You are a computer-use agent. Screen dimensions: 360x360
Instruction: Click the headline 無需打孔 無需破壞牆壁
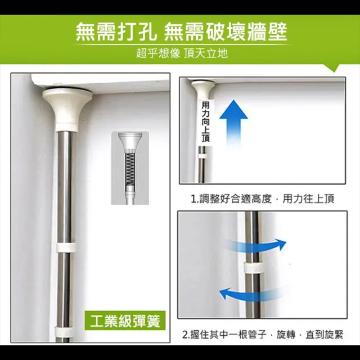pos(181,31)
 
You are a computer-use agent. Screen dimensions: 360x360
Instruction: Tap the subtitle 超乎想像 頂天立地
pos(182,53)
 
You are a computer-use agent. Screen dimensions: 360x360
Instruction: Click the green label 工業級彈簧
pos(125,321)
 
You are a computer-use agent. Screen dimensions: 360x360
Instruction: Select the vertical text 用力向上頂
pos(205,122)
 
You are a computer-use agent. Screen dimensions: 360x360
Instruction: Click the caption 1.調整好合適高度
pos(231,199)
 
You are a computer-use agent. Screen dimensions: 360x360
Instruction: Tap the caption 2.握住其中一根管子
pos(224,335)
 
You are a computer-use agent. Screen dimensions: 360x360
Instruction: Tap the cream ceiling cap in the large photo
pos(67,109)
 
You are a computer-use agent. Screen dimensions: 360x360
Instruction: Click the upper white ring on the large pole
pos(66,247)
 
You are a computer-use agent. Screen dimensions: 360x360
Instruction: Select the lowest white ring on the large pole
pos(64,332)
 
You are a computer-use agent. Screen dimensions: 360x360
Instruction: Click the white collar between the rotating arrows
pos(253,268)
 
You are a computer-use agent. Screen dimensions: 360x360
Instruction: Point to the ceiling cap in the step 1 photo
pos(204,88)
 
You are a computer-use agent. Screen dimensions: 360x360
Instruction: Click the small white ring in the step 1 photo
pos(202,156)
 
